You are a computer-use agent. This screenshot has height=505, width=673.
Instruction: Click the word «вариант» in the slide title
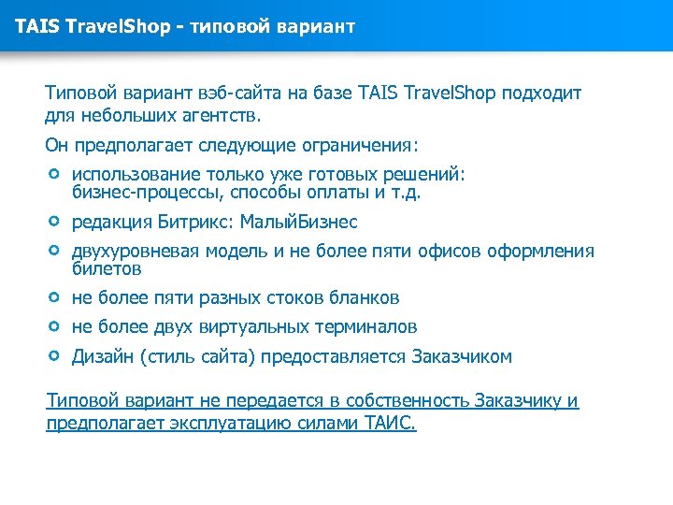coord(318,25)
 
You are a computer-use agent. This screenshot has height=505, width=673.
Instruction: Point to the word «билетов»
coord(107,269)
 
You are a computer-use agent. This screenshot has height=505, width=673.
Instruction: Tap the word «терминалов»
coord(366,327)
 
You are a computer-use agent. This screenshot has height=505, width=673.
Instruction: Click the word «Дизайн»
coord(102,357)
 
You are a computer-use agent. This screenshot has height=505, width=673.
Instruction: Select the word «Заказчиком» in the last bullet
coord(462,357)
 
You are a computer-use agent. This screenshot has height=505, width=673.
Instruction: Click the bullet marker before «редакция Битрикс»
coord(54,222)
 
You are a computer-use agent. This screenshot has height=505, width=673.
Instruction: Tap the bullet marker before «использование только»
coord(54,175)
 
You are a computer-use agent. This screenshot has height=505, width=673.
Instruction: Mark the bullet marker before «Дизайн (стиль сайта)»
coord(54,356)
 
